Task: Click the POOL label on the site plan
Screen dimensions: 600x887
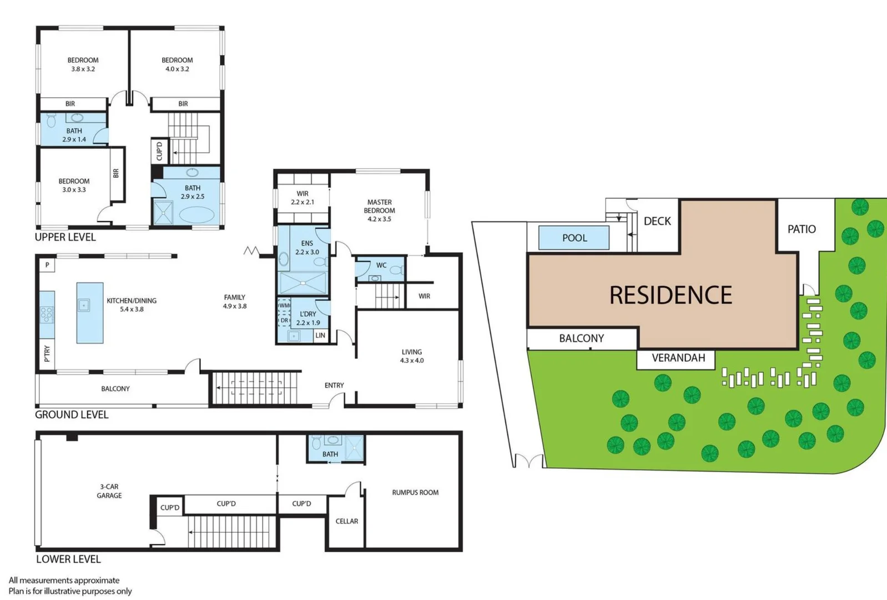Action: [574, 238]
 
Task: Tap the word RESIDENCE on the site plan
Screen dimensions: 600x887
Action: [671, 295]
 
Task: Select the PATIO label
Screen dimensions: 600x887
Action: [802, 229]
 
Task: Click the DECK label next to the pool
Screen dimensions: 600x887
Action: [657, 221]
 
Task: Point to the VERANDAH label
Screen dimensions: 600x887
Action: [678, 358]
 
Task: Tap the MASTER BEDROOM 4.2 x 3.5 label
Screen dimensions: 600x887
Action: [380, 211]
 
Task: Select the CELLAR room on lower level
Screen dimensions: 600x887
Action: [346, 521]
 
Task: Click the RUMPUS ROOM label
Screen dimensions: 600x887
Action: [415, 492]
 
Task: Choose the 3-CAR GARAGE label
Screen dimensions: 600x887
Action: [109, 491]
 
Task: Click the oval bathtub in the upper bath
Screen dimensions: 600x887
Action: [196, 214]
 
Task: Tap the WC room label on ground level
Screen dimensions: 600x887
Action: [381, 265]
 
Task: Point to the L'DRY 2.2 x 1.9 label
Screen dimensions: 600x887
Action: [308, 318]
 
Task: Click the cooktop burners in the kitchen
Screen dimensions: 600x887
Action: [47, 315]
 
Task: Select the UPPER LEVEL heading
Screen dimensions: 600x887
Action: [65, 237]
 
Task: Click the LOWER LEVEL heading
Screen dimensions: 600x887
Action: [68, 559]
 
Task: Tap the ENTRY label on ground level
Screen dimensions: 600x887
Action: [334, 385]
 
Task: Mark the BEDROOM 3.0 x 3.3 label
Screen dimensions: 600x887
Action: [74, 185]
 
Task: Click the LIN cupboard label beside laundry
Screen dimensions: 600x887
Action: [320, 336]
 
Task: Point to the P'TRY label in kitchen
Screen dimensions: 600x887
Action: [47, 353]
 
